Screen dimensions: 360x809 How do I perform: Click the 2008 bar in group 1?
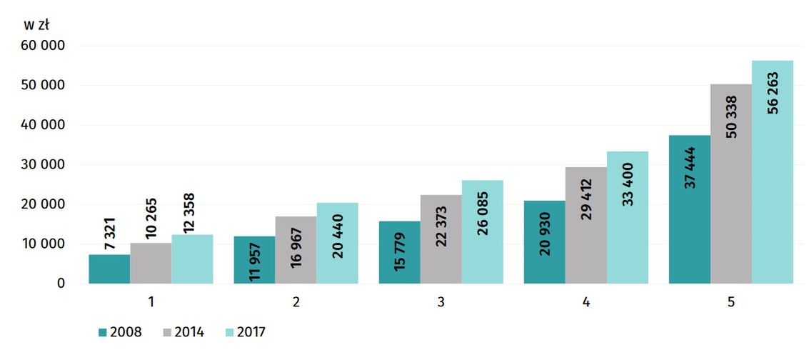(109, 269)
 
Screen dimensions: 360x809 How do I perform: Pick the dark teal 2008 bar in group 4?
(544, 242)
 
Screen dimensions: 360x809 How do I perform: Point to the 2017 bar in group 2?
(338, 244)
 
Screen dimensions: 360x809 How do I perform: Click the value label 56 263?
(773, 92)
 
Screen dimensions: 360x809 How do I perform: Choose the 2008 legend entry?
(121, 332)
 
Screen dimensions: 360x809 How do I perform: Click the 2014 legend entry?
(184, 332)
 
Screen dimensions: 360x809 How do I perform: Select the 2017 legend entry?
(245, 332)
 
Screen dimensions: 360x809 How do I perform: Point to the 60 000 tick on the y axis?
(44, 46)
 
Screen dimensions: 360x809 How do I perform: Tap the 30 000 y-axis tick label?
(44, 165)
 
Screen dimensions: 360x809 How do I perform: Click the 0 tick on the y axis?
(61, 284)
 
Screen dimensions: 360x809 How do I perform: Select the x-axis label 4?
(586, 302)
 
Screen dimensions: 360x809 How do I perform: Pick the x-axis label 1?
(151, 302)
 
